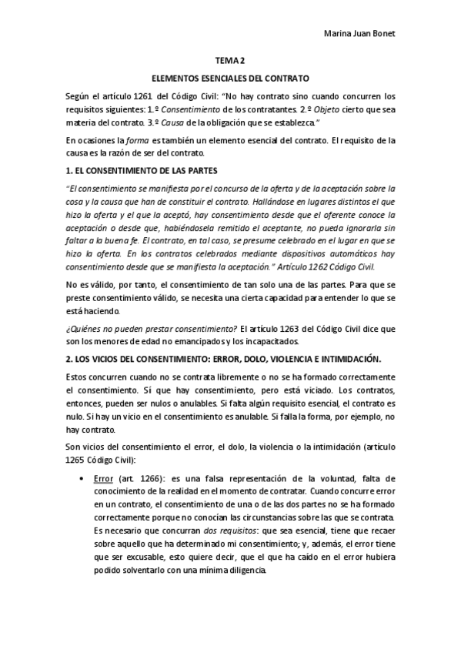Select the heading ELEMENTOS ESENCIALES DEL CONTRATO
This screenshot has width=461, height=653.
tap(230, 79)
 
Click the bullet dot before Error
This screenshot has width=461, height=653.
tap(82, 478)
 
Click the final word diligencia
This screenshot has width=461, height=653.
tap(240, 571)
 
